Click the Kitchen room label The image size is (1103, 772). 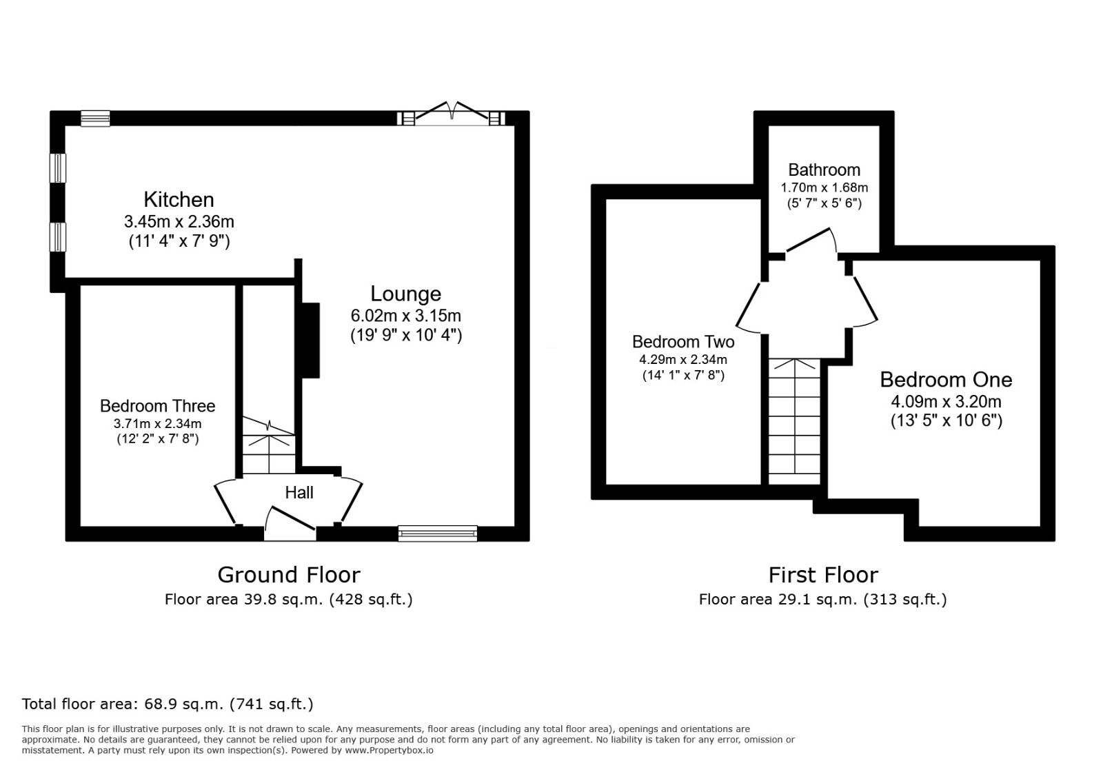[x=179, y=200]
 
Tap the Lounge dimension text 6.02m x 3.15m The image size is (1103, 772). [x=405, y=316]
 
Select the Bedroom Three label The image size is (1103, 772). [x=157, y=406]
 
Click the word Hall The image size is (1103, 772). [x=299, y=492]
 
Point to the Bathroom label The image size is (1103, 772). [x=824, y=170]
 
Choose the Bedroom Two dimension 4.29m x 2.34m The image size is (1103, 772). [x=682, y=359]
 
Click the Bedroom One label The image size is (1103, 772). [x=946, y=380]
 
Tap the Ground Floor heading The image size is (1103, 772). [x=288, y=574]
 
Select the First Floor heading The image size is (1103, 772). [x=823, y=574]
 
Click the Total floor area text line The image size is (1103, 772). [x=168, y=704]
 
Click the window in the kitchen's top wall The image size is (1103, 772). [x=95, y=119]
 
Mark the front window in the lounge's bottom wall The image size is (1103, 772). [x=438, y=533]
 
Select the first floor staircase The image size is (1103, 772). [x=795, y=421]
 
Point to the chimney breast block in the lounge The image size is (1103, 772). [x=311, y=340]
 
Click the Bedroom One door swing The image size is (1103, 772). [x=863, y=302]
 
